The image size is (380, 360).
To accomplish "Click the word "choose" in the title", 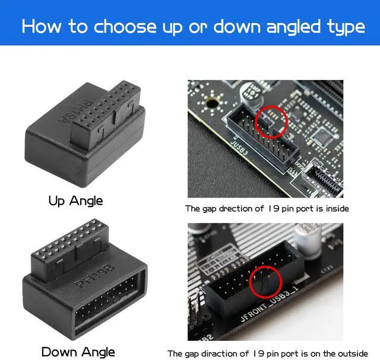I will (124, 27).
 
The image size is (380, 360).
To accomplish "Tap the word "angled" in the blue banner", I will (297, 27).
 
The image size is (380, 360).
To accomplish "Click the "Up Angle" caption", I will (75, 200).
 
